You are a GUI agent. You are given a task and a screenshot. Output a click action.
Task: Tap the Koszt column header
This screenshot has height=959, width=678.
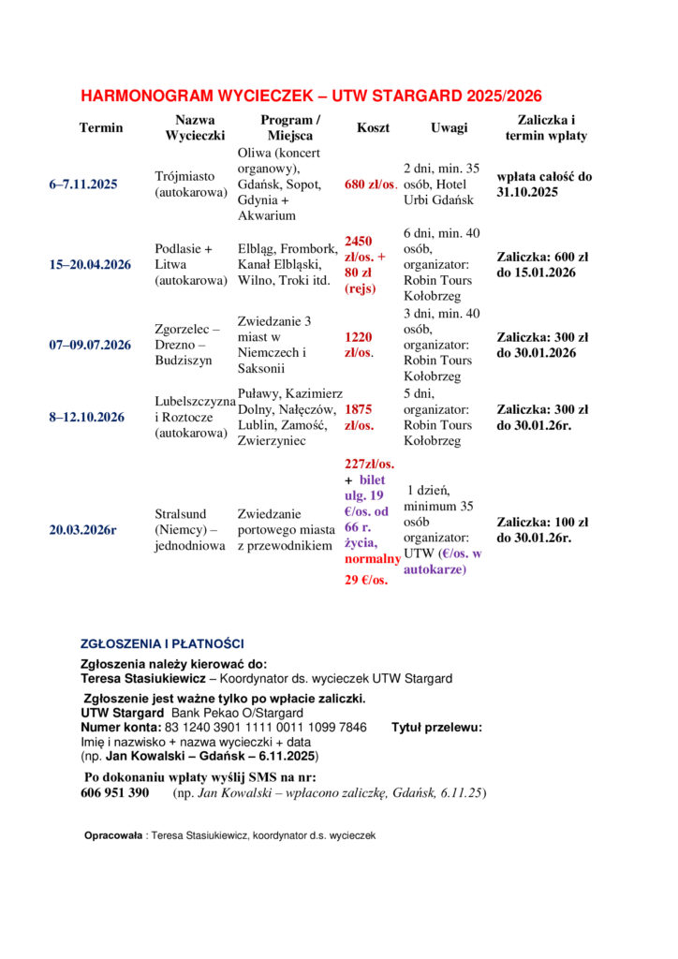373,127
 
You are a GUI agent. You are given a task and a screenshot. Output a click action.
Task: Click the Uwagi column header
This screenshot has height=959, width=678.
449,127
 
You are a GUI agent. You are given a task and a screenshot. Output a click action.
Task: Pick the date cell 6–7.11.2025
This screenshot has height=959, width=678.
83,184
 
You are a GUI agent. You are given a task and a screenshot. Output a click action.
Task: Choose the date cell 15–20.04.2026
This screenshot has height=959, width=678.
90,264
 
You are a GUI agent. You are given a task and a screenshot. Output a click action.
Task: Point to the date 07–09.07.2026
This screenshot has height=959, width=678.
90,345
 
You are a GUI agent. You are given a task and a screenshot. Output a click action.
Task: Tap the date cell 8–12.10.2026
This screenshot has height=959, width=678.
87,417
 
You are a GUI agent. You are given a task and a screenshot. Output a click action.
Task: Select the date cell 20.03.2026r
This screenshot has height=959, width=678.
83,530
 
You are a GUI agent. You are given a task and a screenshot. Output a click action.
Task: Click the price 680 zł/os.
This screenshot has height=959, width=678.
371,184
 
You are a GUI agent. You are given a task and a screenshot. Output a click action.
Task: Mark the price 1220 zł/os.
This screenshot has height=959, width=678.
360,345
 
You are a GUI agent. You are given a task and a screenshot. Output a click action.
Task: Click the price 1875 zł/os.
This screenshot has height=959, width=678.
360,417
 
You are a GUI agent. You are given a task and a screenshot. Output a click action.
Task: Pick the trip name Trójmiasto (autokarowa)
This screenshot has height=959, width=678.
190,184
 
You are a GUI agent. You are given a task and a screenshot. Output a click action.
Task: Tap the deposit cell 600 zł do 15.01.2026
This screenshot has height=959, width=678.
542,264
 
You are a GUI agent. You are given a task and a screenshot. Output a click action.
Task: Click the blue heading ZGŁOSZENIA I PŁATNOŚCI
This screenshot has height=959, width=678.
163,643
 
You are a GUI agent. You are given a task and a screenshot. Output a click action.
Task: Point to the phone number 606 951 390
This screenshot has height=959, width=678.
115,793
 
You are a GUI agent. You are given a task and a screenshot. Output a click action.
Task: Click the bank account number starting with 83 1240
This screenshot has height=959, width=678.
265,727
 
